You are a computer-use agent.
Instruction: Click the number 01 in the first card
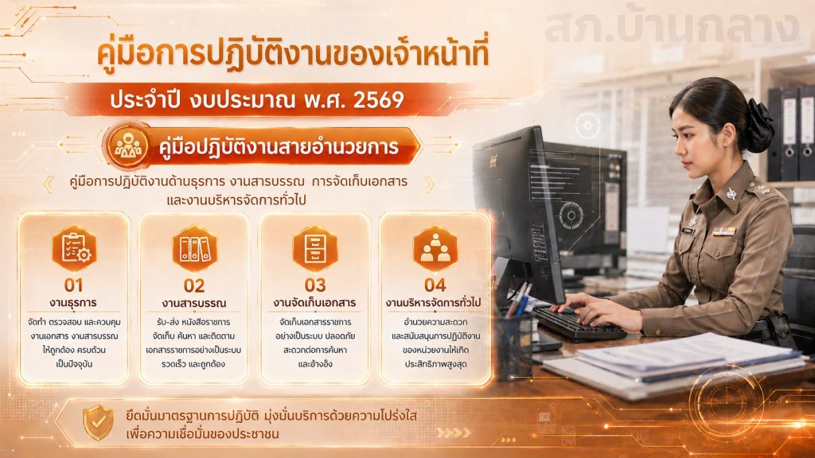point(74,285)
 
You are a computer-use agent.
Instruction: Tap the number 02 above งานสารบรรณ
point(194,285)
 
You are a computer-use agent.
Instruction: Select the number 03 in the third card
point(315,285)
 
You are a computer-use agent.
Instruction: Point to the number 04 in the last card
point(435,285)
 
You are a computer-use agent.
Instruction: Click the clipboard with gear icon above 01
point(74,248)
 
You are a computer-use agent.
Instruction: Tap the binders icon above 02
point(194,248)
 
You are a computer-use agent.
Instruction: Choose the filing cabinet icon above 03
point(315,248)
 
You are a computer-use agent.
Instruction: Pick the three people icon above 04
point(435,248)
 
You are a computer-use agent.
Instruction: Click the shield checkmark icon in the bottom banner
point(98,422)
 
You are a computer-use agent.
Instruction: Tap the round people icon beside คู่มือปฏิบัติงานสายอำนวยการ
point(127,146)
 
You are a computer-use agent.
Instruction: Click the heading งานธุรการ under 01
point(73,303)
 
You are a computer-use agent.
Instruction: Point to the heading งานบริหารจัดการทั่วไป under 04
point(434,303)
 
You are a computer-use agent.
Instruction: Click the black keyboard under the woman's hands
point(577,323)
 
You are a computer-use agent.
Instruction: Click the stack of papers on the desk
point(676,363)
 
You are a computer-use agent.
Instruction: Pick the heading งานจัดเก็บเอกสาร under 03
point(314,303)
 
